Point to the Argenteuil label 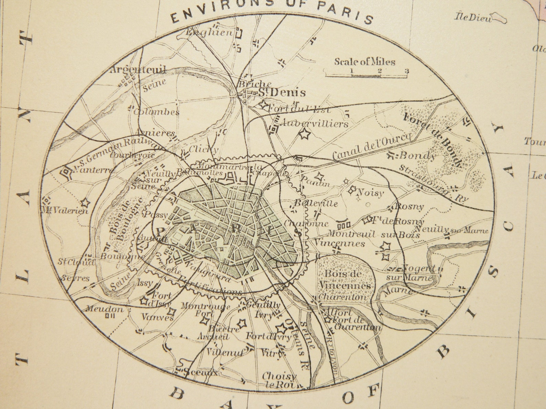coord(138,70)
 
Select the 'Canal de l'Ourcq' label coord(371,147)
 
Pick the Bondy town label coord(417,156)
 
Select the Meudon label coord(104,309)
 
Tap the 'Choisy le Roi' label coord(279,380)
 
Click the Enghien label coord(209,33)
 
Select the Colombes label coord(156,112)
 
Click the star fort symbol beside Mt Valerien coord(85,203)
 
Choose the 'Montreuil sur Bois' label coord(373,235)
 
